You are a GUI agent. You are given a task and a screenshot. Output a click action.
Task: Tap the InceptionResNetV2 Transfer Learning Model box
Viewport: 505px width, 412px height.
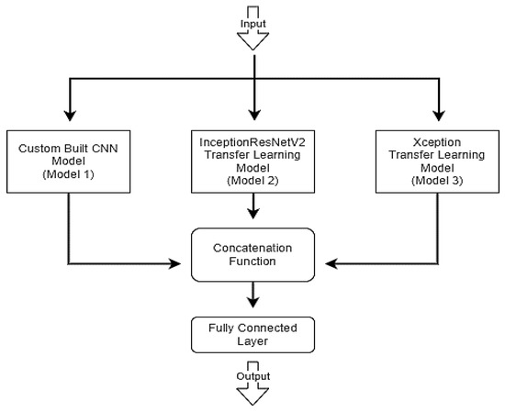click(252, 160)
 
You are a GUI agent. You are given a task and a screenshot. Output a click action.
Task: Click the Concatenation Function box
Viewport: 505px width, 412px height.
click(252, 254)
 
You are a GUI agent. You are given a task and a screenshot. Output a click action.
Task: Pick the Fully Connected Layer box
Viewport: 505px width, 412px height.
click(252, 334)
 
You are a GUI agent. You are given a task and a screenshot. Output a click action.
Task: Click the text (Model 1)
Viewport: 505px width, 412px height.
click(69, 174)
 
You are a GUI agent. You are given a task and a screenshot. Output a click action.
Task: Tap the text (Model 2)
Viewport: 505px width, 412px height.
click(252, 182)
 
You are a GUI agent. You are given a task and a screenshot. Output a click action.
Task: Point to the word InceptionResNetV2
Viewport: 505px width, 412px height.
click(252, 142)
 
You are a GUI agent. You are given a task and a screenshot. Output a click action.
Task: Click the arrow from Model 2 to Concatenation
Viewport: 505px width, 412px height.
click(252, 210)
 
